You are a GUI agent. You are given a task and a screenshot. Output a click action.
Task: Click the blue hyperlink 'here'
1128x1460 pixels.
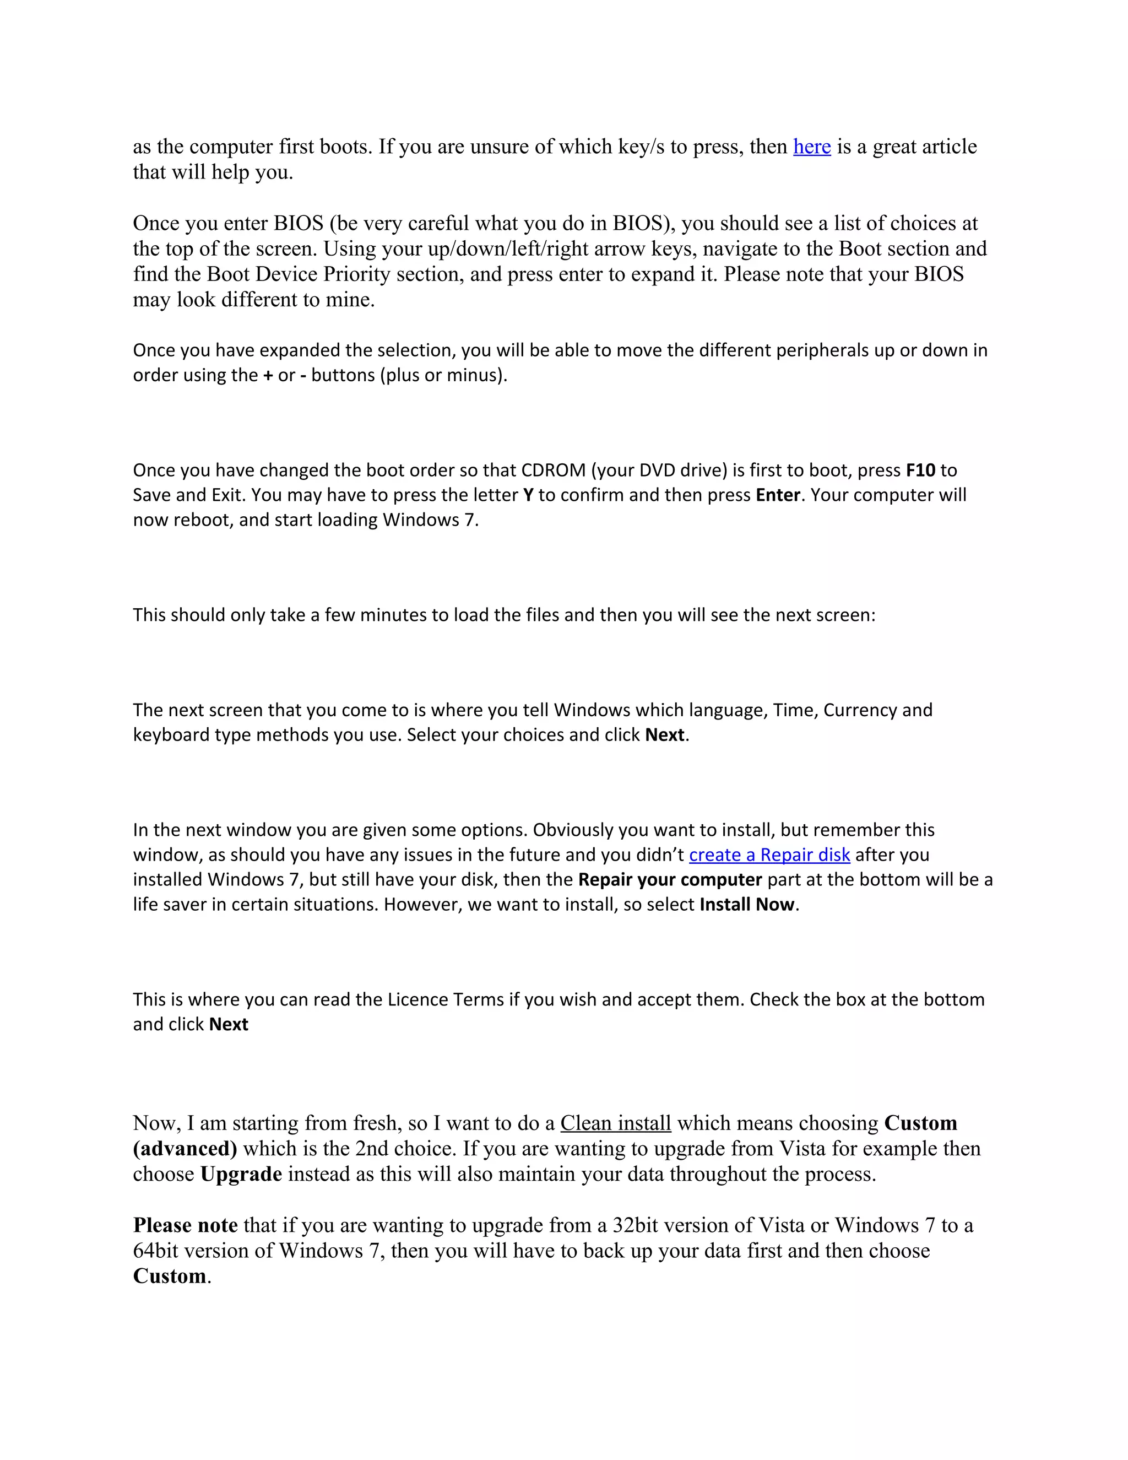(812, 147)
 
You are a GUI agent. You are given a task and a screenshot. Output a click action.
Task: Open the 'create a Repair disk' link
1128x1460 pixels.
(769, 855)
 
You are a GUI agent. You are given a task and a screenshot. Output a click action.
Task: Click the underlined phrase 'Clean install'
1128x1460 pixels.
(615, 1123)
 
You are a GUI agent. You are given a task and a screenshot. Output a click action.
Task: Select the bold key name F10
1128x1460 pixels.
(920, 471)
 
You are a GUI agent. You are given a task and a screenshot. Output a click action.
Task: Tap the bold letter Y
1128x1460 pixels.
(528, 495)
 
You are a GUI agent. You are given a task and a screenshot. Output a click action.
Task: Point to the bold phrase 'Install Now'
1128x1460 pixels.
(747, 905)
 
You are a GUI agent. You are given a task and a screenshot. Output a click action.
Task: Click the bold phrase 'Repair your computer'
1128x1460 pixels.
(670, 880)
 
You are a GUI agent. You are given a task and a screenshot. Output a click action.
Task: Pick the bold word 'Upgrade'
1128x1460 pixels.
(241, 1174)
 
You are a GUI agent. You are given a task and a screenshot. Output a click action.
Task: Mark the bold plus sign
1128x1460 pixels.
(268, 376)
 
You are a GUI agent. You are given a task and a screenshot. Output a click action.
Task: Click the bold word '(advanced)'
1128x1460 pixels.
(185, 1149)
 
